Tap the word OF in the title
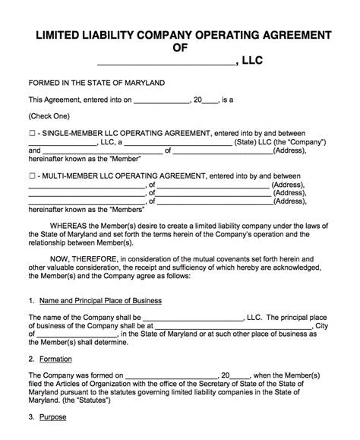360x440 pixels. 180,49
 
